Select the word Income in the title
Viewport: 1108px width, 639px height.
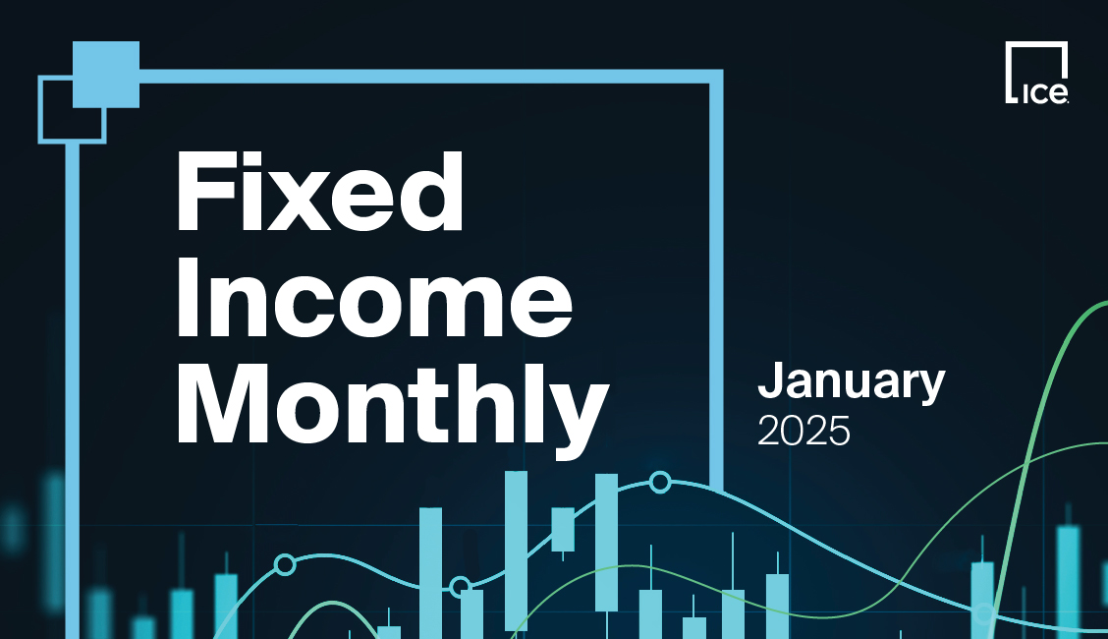(x=374, y=300)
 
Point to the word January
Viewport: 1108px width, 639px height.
(x=851, y=383)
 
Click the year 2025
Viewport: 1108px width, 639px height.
(x=803, y=431)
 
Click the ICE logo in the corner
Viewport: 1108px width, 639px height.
(x=1036, y=74)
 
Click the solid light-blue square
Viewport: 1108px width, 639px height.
(x=106, y=75)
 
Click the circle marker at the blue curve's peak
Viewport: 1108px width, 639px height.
(x=660, y=482)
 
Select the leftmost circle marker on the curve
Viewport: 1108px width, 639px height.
(x=285, y=564)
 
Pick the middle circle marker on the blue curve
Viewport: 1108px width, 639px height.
(x=460, y=587)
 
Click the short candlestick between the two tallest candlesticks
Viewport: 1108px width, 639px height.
(x=563, y=529)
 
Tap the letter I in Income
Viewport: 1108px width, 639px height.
(x=188, y=300)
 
